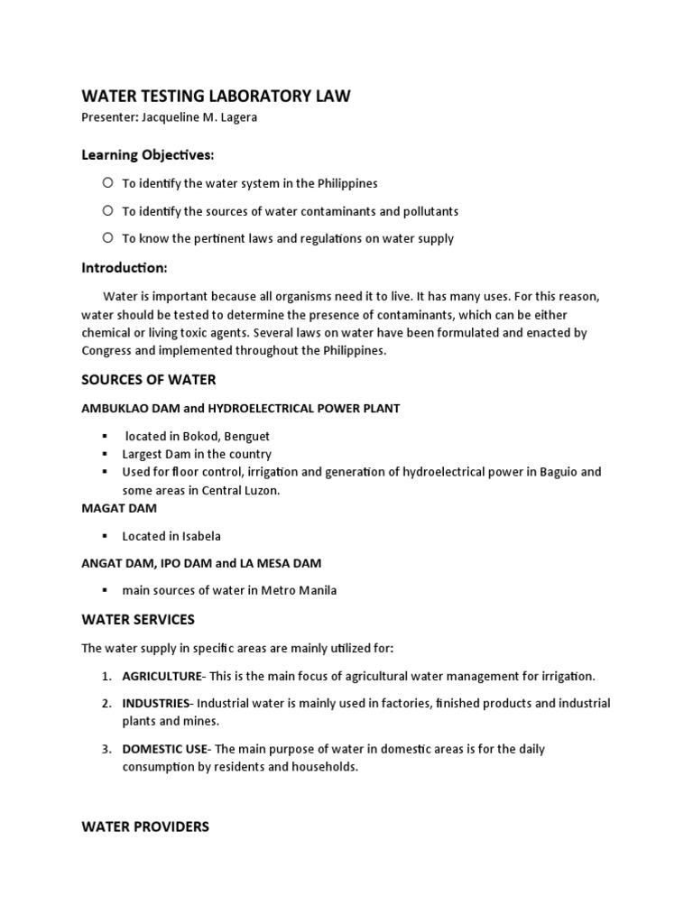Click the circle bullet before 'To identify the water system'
[x=107, y=182]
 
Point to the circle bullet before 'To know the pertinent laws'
[x=107, y=238]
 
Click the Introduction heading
[x=124, y=268]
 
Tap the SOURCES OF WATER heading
[x=149, y=379]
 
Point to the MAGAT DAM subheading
[x=119, y=508]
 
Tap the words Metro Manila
[x=300, y=591]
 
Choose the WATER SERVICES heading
[x=138, y=620]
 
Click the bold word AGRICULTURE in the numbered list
[x=162, y=676]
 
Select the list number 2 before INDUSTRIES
[x=106, y=703]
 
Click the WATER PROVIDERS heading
[x=145, y=827]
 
